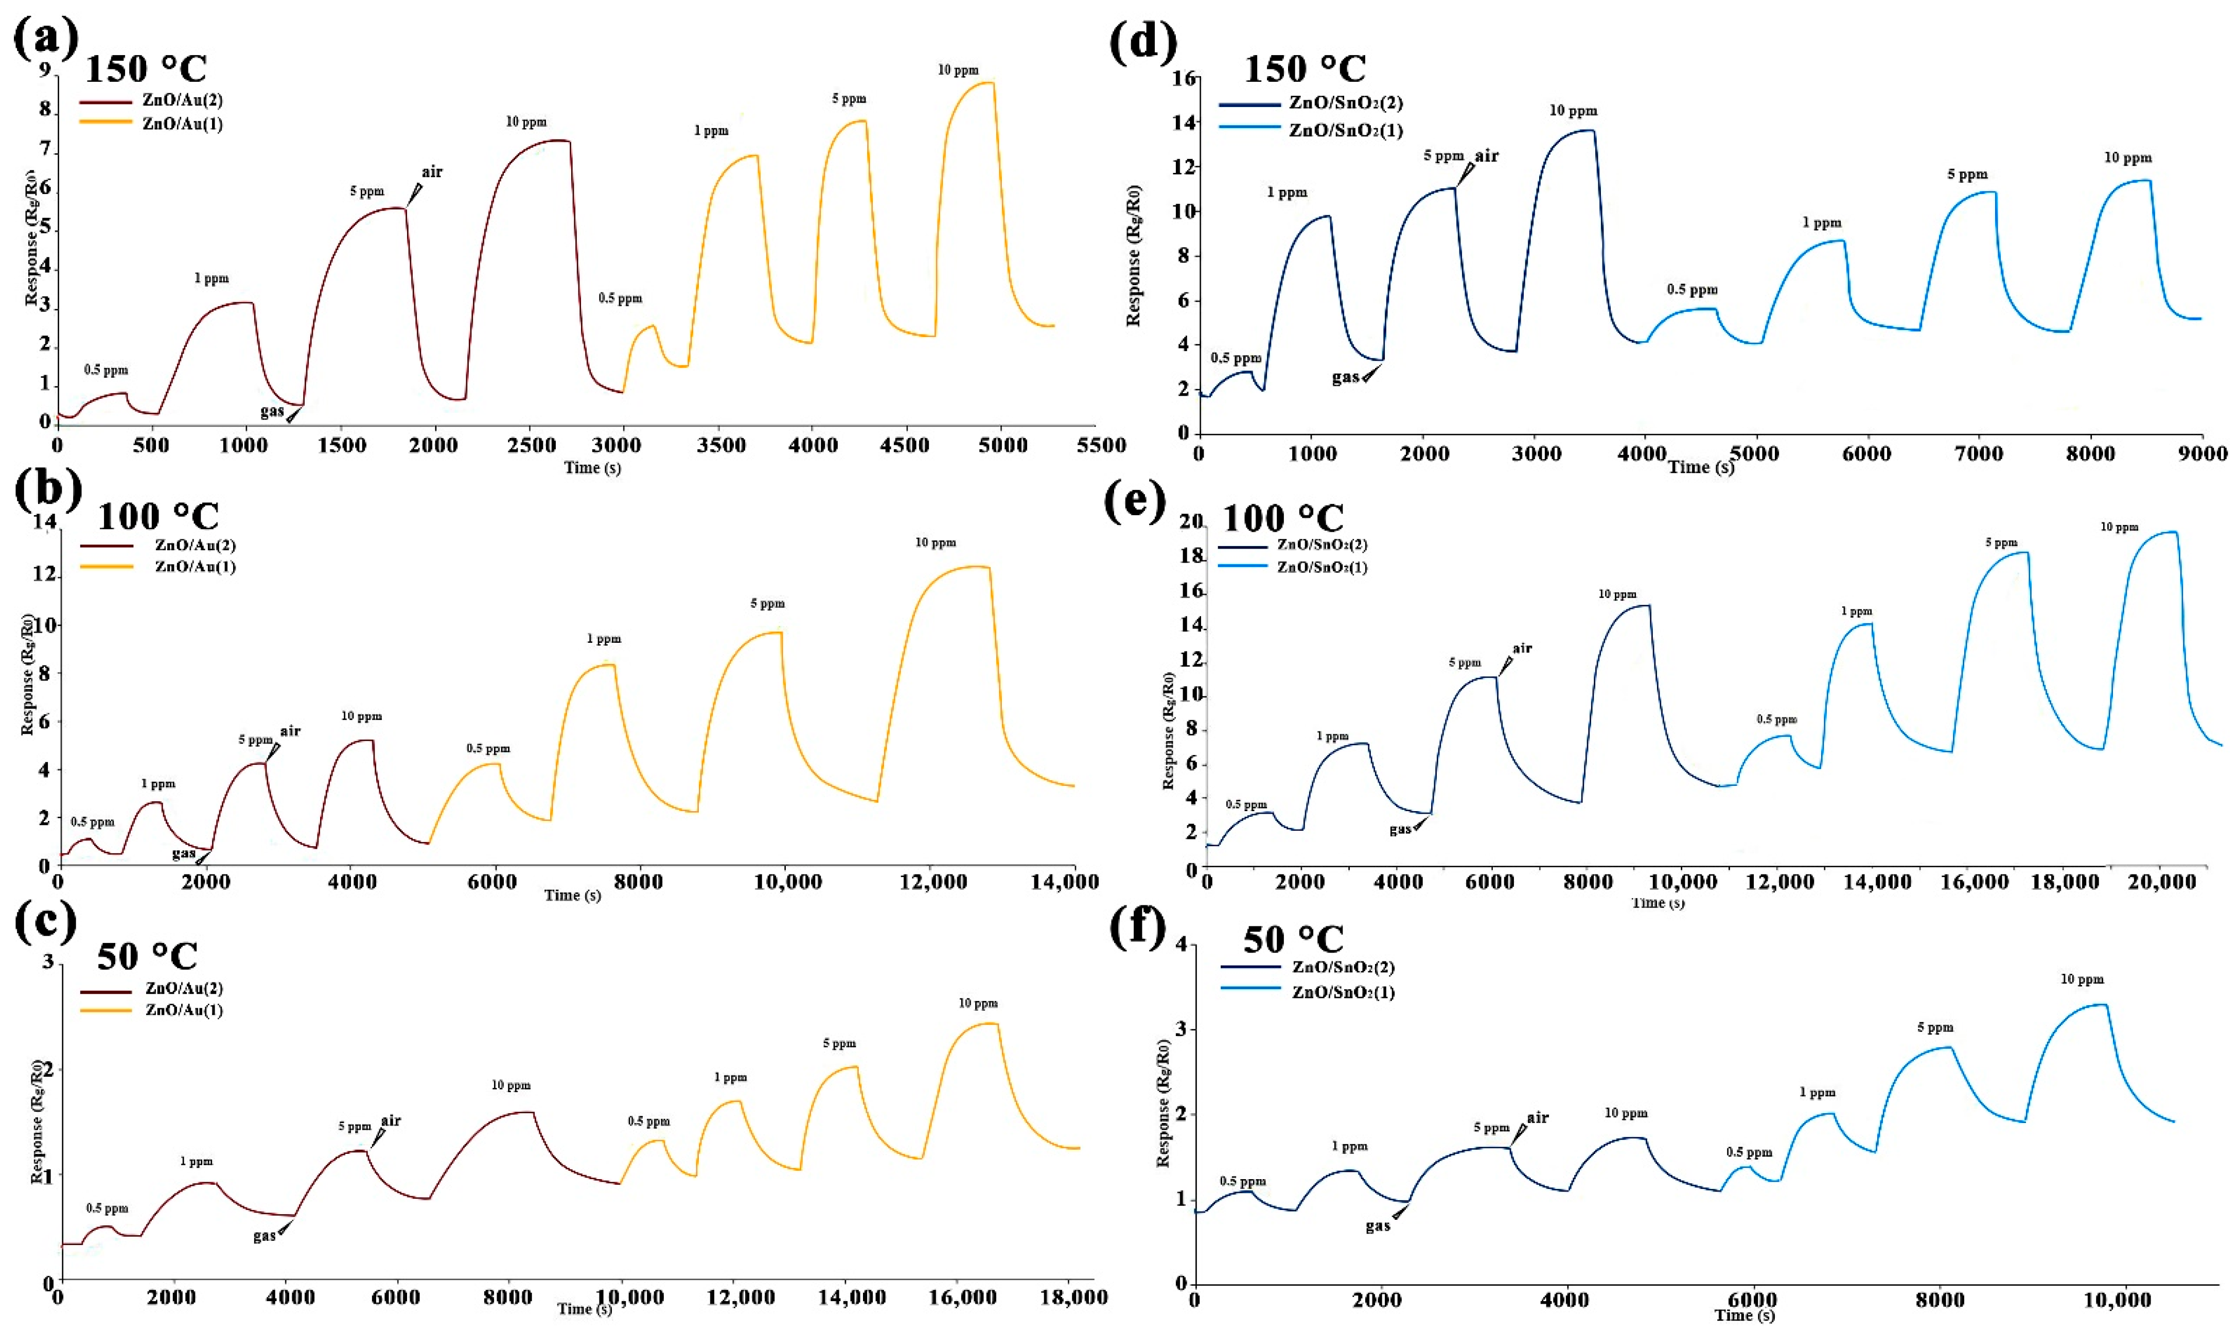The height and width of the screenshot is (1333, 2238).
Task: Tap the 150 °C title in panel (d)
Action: (x=1304, y=68)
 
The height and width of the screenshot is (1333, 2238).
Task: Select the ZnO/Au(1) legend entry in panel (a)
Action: (x=182, y=124)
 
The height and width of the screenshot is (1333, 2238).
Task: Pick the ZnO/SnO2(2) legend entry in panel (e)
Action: (x=1322, y=545)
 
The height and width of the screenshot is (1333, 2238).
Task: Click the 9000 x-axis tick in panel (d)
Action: (x=2202, y=453)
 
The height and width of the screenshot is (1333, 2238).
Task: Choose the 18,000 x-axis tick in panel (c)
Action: (x=1072, y=1297)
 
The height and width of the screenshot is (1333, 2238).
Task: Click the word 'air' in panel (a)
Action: (x=432, y=171)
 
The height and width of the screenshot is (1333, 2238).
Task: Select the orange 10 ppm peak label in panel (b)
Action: (x=936, y=542)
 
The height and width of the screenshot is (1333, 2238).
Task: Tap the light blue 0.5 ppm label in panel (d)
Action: (x=1692, y=289)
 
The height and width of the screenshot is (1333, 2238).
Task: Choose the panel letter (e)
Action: (x=1136, y=499)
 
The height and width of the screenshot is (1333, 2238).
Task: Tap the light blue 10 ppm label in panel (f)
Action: (x=2082, y=979)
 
